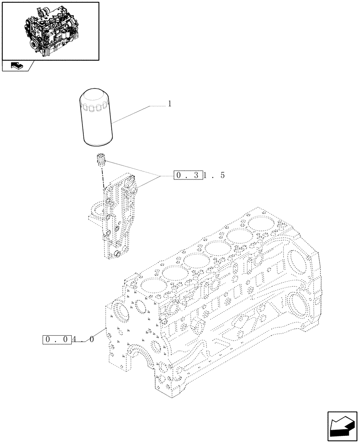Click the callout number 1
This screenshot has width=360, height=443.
click(x=169, y=104)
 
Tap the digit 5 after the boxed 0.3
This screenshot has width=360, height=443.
click(x=222, y=175)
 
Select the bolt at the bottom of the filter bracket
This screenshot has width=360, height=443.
click(x=117, y=254)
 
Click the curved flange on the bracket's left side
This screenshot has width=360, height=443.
click(x=94, y=212)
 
